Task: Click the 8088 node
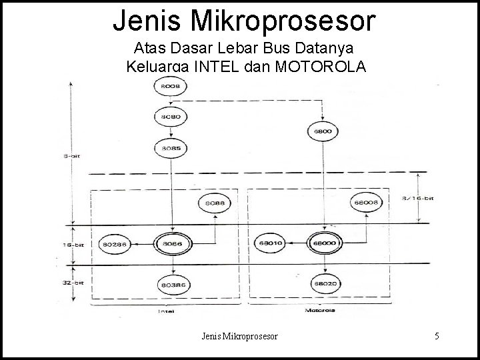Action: (211, 203)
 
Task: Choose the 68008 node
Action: (367, 203)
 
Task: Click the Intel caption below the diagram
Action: (166, 311)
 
